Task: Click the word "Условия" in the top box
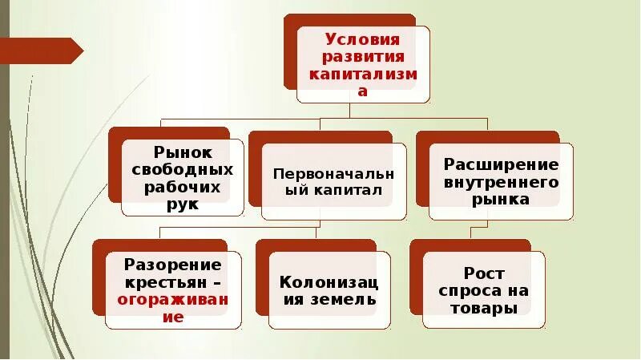tap(362, 39)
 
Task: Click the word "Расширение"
tap(501, 165)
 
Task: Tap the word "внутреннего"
tap(501, 182)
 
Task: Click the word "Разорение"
tap(173, 265)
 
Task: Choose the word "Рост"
tap(484, 273)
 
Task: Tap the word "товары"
tap(484, 308)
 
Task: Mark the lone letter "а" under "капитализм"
tap(362, 91)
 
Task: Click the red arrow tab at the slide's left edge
tap(44, 51)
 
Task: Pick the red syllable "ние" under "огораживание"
tap(173, 317)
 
